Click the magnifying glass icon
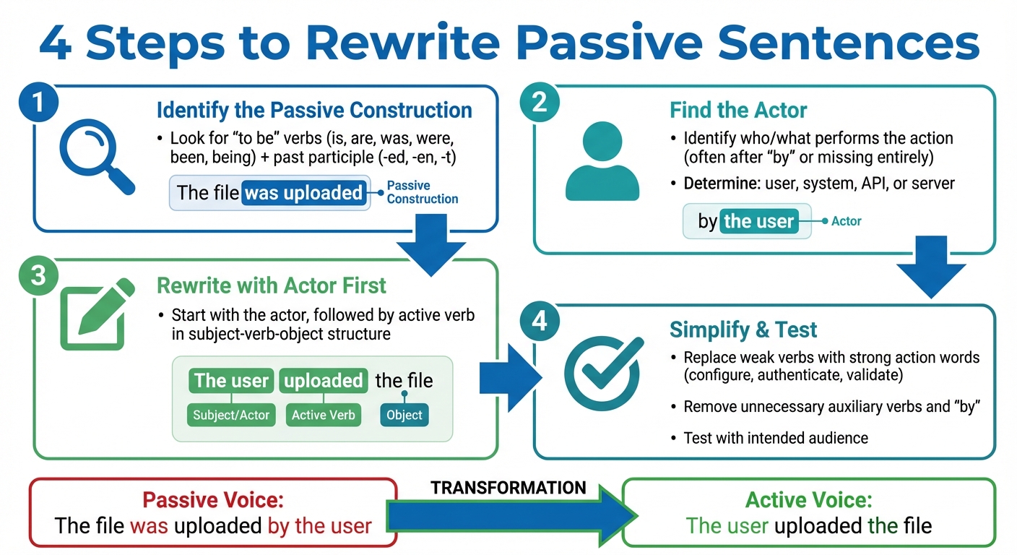coord(95,157)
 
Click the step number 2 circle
coord(540,103)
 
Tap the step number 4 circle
coord(540,321)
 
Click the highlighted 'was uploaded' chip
coord(303,193)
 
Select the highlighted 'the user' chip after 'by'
coord(758,221)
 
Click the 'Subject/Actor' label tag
coord(231,415)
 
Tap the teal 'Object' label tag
coord(404,415)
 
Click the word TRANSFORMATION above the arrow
coord(508,488)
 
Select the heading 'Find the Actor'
coord(738,110)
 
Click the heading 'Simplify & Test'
coord(743,330)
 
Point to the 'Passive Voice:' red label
coord(213,500)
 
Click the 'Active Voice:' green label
coord(808,500)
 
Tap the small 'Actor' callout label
coord(846,221)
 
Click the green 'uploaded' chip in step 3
coord(323,381)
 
